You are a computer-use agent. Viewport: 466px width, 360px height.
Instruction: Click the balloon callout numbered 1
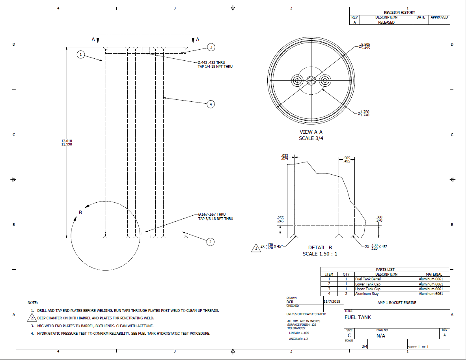pyautogui.click(x=81, y=54)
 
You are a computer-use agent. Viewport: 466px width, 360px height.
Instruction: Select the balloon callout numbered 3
pyautogui.click(x=211, y=47)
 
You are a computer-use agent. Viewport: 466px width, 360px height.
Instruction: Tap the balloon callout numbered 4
pyautogui.click(x=211, y=104)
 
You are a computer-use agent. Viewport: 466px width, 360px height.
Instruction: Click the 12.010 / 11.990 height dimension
pyautogui.click(x=67, y=143)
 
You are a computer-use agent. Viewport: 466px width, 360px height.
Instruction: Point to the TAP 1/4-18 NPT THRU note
pyautogui.click(x=215, y=67)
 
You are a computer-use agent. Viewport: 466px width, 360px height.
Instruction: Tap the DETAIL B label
pyautogui.click(x=320, y=248)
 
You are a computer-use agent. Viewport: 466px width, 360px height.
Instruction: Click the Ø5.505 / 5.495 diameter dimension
pyautogui.click(x=365, y=46)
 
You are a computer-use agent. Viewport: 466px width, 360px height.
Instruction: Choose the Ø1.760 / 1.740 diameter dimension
pyautogui.click(x=365, y=114)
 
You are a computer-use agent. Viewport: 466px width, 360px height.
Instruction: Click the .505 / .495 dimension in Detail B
pyautogui.click(x=347, y=159)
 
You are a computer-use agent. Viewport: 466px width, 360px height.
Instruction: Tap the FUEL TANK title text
pyautogui.click(x=358, y=317)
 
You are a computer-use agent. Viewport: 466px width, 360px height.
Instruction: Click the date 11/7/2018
pyautogui.click(x=332, y=301)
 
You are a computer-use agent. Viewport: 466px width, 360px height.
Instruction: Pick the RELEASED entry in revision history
pyautogui.click(x=386, y=22)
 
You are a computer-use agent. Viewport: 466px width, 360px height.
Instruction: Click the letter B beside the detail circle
pyautogui.click(x=80, y=212)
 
